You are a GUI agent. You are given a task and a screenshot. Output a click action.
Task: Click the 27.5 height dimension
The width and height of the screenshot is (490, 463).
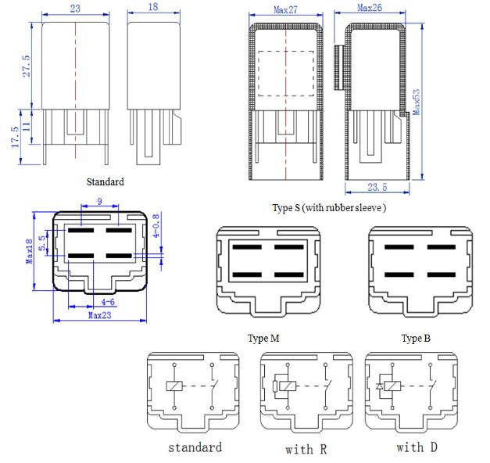[x=27, y=66]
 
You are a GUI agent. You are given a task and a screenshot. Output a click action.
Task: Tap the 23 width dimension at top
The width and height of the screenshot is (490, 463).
[x=75, y=9]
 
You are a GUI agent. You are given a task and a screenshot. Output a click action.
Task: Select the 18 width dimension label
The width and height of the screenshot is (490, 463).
[x=153, y=7]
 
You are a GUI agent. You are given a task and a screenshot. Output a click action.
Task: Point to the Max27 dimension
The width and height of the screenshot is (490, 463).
[x=285, y=10]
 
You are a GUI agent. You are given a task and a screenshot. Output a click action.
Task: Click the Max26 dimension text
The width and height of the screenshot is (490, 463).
[x=370, y=8]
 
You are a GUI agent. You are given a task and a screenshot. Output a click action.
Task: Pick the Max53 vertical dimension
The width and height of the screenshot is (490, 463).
[x=417, y=102]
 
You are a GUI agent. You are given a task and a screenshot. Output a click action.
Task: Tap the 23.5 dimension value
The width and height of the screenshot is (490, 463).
[x=377, y=188]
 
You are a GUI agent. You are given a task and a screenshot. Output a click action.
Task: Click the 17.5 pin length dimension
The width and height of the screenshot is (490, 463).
[x=16, y=137]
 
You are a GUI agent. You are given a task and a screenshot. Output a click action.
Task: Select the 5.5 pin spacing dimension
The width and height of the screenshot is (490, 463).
[x=42, y=243]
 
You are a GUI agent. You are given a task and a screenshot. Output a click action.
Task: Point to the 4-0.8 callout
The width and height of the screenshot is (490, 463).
[x=156, y=225]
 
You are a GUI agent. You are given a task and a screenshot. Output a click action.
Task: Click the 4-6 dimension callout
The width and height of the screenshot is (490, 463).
[x=108, y=302]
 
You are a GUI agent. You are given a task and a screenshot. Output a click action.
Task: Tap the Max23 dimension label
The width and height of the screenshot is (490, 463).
[x=100, y=315]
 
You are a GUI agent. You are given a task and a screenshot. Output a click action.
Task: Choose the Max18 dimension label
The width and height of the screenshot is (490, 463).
[x=29, y=251]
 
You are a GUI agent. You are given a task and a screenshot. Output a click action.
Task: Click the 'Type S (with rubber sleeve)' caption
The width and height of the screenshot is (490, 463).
[x=329, y=208]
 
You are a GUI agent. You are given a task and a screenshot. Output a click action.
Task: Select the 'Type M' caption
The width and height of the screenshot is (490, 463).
[x=263, y=338]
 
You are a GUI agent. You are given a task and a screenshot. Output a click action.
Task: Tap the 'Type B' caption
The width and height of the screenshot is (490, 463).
[x=416, y=338]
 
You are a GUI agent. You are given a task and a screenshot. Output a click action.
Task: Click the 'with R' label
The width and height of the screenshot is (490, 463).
[x=306, y=450]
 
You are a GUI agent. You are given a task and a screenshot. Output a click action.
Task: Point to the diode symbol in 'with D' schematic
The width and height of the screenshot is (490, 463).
[x=379, y=386]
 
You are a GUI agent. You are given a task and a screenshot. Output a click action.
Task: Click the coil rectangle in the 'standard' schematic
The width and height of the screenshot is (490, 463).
[x=174, y=386]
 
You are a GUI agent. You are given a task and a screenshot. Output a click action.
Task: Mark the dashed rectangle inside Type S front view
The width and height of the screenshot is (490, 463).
[x=285, y=52]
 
